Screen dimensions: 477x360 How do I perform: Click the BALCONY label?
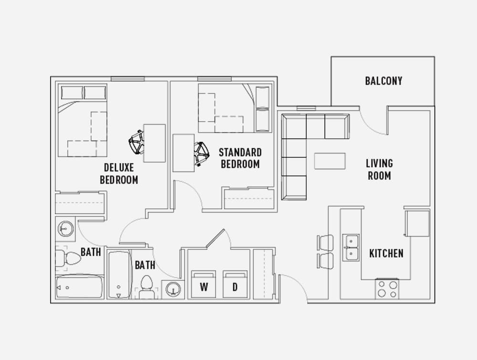(384, 81)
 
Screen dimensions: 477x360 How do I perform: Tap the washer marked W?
(204, 284)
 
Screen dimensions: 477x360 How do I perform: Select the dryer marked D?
(235, 284)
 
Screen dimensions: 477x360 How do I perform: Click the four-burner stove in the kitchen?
(387, 289)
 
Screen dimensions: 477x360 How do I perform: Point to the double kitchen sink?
(351, 247)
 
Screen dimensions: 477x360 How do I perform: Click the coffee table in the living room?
(330, 161)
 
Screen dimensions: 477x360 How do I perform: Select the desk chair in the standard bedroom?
(201, 154)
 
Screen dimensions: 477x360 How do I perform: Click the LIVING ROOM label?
(379, 169)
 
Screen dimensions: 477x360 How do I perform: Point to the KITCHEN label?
(386, 253)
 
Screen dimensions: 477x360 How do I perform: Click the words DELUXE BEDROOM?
(119, 174)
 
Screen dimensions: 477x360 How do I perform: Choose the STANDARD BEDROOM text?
(240, 158)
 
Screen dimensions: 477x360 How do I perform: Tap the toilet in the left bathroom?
(68, 258)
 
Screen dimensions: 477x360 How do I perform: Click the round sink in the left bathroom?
(65, 229)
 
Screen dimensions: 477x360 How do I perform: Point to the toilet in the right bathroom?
(146, 287)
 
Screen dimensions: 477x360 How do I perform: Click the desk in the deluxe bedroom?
(154, 143)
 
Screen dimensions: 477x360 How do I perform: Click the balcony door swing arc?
(371, 127)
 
